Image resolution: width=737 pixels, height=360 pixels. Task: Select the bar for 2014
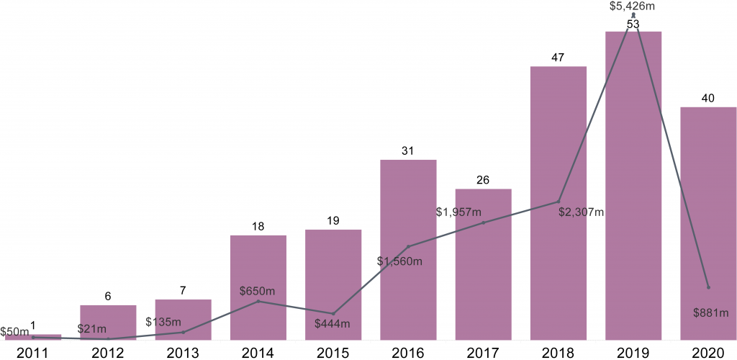(x=258, y=287)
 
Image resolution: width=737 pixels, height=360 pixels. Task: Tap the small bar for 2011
(x=33, y=337)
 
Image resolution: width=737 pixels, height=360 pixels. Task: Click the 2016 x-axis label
(x=408, y=352)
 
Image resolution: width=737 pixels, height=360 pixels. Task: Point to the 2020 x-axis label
(x=708, y=352)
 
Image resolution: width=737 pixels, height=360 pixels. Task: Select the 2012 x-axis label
(x=108, y=352)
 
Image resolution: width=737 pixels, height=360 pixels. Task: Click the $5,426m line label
(x=633, y=6)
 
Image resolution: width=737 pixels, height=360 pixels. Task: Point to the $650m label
(x=258, y=291)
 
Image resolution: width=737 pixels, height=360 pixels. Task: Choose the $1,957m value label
(x=459, y=212)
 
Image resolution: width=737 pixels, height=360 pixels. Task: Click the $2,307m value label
(x=581, y=212)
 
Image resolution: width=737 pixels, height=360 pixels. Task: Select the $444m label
(x=333, y=323)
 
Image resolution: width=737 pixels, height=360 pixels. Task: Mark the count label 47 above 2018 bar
(x=558, y=58)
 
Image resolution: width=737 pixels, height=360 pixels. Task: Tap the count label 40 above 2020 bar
(x=707, y=99)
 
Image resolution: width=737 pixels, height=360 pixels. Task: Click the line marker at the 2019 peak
(x=633, y=15)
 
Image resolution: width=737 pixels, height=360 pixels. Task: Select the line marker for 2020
(x=708, y=287)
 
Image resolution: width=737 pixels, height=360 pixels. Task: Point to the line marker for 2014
(x=258, y=301)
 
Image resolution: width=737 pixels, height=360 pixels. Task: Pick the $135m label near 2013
(x=163, y=321)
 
